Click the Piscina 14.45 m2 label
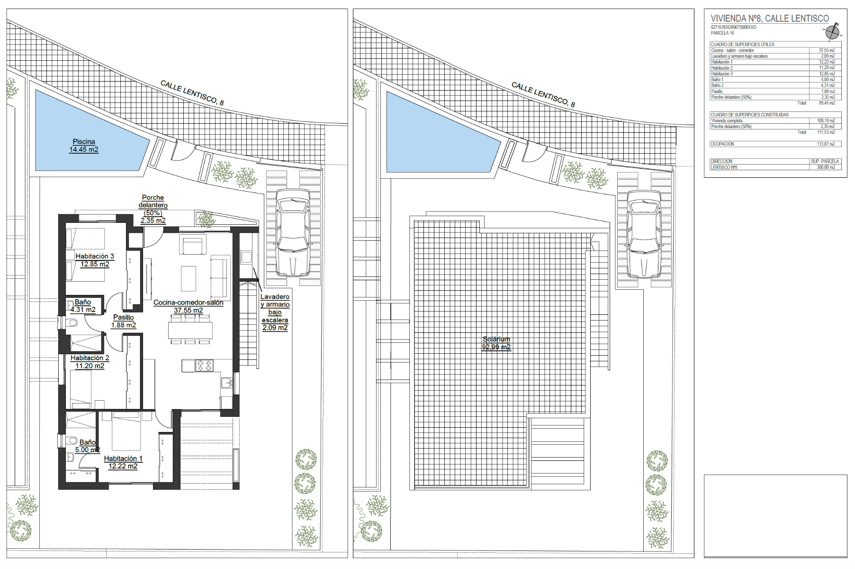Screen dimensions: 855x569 [x=84, y=146]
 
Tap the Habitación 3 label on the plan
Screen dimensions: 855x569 [x=95, y=256]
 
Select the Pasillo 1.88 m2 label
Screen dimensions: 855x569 [x=124, y=321]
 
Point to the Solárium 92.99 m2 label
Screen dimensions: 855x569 [x=496, y=343]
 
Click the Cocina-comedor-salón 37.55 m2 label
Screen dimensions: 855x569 [x=188, y=306]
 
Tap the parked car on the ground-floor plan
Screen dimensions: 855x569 [x=293, y=232]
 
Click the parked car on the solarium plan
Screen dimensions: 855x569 [x=644, y=234]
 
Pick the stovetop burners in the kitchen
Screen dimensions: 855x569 [x=205, y=365]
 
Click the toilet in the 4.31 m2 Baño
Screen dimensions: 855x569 [x=72, y=323]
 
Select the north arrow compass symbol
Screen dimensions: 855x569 [x=832, y=32]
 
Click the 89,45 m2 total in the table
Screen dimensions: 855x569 [x=827, y=103]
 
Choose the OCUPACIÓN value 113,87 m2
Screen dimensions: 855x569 [x=826, y=144]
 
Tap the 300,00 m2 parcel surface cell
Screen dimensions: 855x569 [x=826, y=167]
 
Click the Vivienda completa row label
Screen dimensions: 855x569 [x=727, y=121]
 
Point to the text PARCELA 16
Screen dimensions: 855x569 [x=722, y=33]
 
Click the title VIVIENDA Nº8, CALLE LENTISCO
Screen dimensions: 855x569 [x=770, y=18]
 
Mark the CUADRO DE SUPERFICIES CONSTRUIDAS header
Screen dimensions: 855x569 [x=750, y=115]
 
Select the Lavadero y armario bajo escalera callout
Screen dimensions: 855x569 [x=275, y=312]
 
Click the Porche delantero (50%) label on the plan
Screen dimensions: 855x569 [x=153, y=209]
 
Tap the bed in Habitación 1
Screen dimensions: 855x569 [x=126, y=431]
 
